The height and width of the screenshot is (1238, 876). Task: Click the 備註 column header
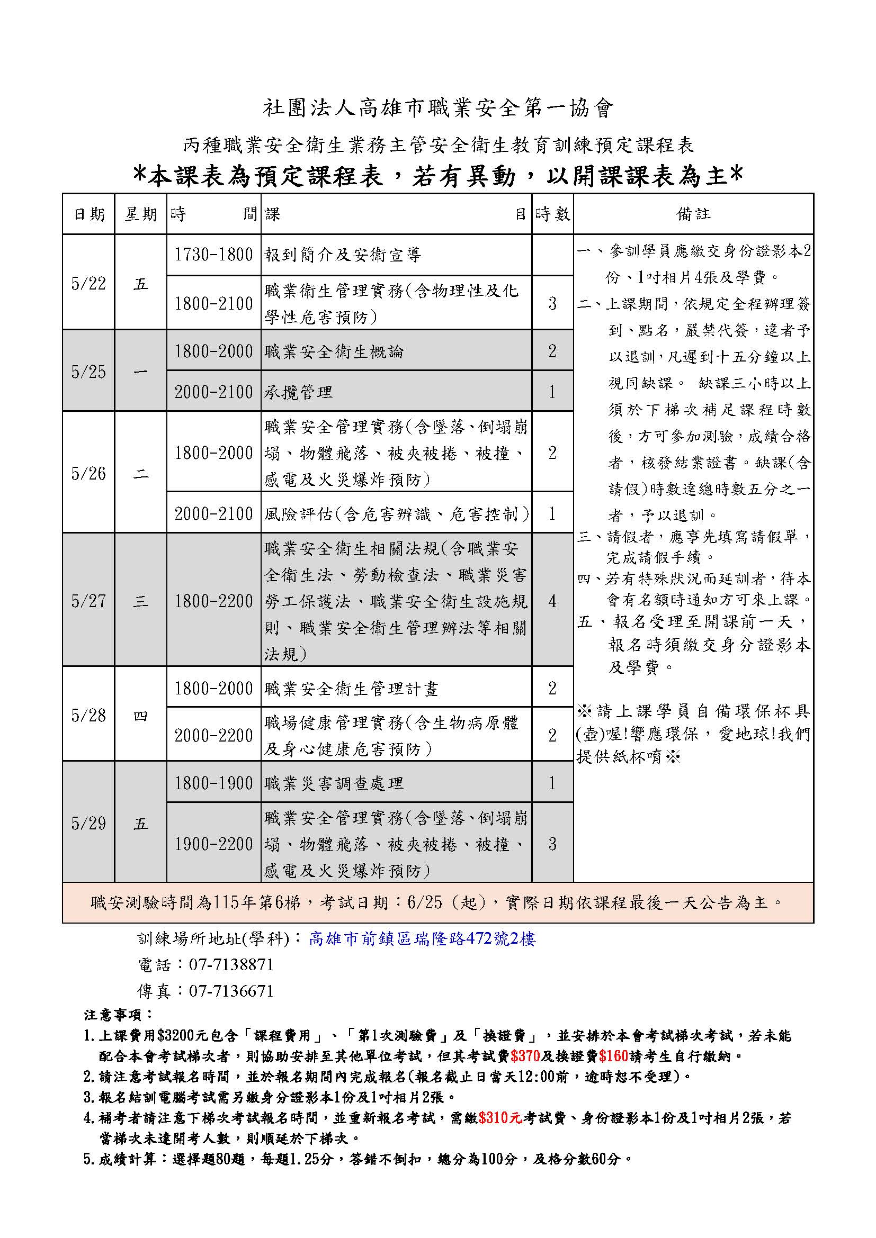pyautogui.click(x=693, y=214)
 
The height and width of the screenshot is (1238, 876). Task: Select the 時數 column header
pyautogui.click(x=552, y=214)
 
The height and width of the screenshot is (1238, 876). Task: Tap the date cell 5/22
pyautogui.click(x=88, y=283)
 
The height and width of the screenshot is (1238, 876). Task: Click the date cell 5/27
pyautogui.click(x=88, y=601)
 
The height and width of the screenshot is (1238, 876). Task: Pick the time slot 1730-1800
pyautogui.click(x=213, y=255)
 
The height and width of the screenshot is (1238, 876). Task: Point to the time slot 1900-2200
pyautogui.click(x=213, y=844)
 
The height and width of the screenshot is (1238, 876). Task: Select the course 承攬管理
pyautogui.click(x=298, y=392)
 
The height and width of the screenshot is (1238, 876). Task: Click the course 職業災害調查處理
pyautogui.click(x=334, y=783)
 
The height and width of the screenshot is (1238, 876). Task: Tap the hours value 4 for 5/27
pyautogui.click(x=552, y=601)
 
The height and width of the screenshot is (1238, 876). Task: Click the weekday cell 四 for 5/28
pyautogui.click(x=141, y=716)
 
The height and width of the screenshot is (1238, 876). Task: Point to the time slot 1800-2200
pyautogui.click(x=213, y=601)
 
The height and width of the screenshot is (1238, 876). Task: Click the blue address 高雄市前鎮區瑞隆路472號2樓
pyautogui.click(x=422, y=939)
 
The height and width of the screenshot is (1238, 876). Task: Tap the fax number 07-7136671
pyautogui.click(x=231, y=990)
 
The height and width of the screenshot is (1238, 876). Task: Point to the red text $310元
pyautogui.click(x=500, y=1118)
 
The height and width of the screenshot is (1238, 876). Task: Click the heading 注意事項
pyautogui.click(x=119, y=1015)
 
